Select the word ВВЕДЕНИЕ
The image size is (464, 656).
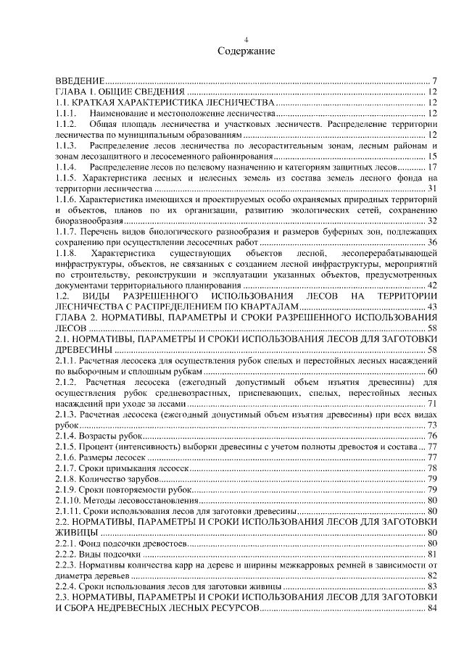coord(80,80)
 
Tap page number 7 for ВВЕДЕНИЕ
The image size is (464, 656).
coord(433,80)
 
